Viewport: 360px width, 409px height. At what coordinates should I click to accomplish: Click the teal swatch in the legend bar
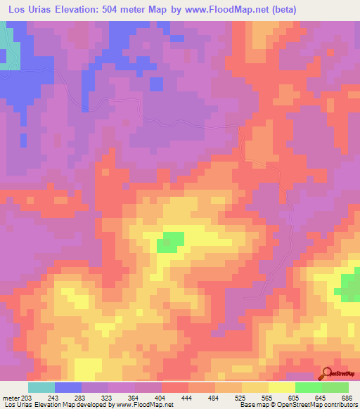coord(41,387)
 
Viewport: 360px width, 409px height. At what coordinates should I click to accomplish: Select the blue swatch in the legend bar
coord(67,387)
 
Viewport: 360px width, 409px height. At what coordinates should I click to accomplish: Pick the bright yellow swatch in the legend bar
coord(281,387)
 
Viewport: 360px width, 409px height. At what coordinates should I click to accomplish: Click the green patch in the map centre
coord(169,242)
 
